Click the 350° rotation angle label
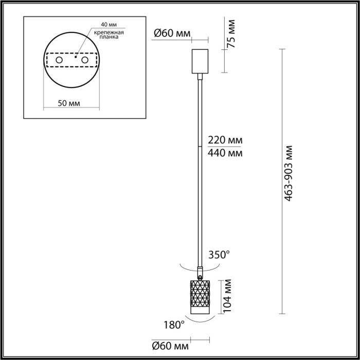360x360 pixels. click(x=219, y=255)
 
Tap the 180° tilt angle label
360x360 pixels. click(x=174, y=325)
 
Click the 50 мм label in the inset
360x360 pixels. click(x=69, y=103)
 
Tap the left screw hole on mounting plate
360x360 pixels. click(x=59, y=61)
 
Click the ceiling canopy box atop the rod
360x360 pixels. click(x=199, y=61)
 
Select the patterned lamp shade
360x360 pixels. click(x=200, y=297)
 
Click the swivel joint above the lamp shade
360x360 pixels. click(x=200, y=272)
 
